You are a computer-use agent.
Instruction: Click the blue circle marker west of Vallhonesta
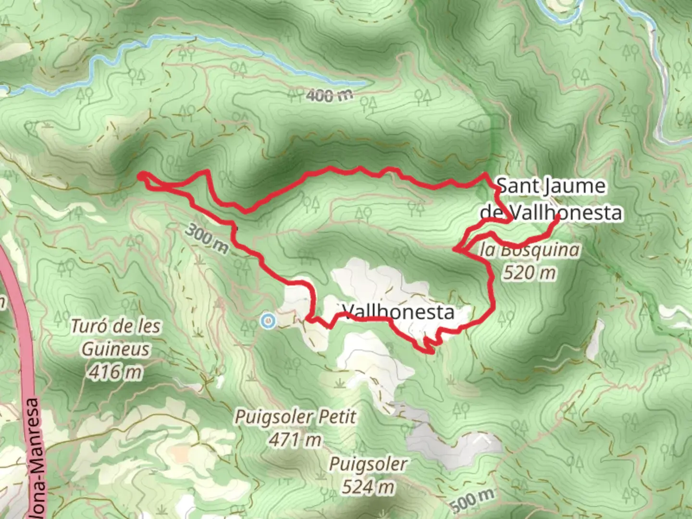(268, 321)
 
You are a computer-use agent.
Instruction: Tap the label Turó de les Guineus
(115, 338)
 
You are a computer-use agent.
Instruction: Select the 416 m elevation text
(115, 371)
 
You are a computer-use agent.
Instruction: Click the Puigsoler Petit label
(295, 417)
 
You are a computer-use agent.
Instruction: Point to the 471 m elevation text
(295, 439)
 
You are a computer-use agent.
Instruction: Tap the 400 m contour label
(329, 96)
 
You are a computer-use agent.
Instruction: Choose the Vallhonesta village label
(398, 312)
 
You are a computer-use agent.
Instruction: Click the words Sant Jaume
(551, 186)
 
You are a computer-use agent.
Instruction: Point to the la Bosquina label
(530, 250)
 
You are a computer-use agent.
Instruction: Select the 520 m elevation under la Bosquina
(530, 273)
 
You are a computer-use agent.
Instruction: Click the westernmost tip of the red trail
(140, 176)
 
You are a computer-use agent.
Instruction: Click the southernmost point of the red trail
(431, 352)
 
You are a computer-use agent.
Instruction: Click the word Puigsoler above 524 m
(368, 465)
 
